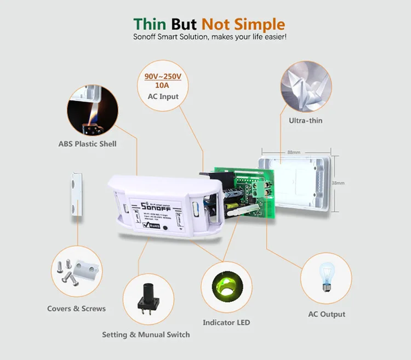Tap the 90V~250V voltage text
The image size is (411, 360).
pyautogui.click(x=163, y=77)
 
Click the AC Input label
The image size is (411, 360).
pyautogui.click(x=163, y=97)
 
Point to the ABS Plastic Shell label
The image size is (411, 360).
pyautogui.click(x=88, y=144)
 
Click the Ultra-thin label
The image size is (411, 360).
pyautogui.click(x=306, y=119)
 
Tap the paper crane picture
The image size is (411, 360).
pyautogui.click(x=306, y=84)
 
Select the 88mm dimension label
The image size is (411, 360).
pyautogui.click(x=293, y=152)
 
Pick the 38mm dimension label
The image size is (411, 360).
pyautogui.click(x=338, y=184)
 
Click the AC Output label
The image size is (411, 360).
pyautogui.click(x=327, y=314)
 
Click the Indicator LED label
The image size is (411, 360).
pyautogui.click(x=226, y=322)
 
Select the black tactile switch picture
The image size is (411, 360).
pyautogui.click(x=146, y=299)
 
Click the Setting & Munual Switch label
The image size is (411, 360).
pyautogui.click(x=146, y=334)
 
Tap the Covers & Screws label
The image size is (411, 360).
pyautogui.click(x=76, y=308)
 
